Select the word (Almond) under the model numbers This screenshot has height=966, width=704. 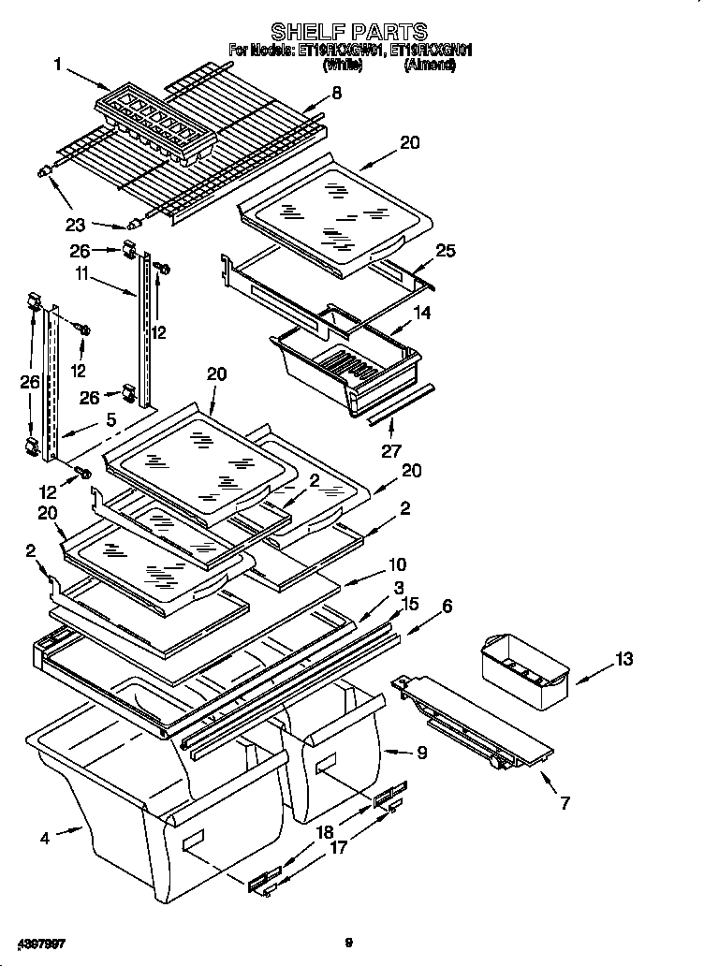point(430,67)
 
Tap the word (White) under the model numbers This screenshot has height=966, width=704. point(343,67)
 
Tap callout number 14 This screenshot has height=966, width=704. point(423,314)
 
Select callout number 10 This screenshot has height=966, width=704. point(397,564)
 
